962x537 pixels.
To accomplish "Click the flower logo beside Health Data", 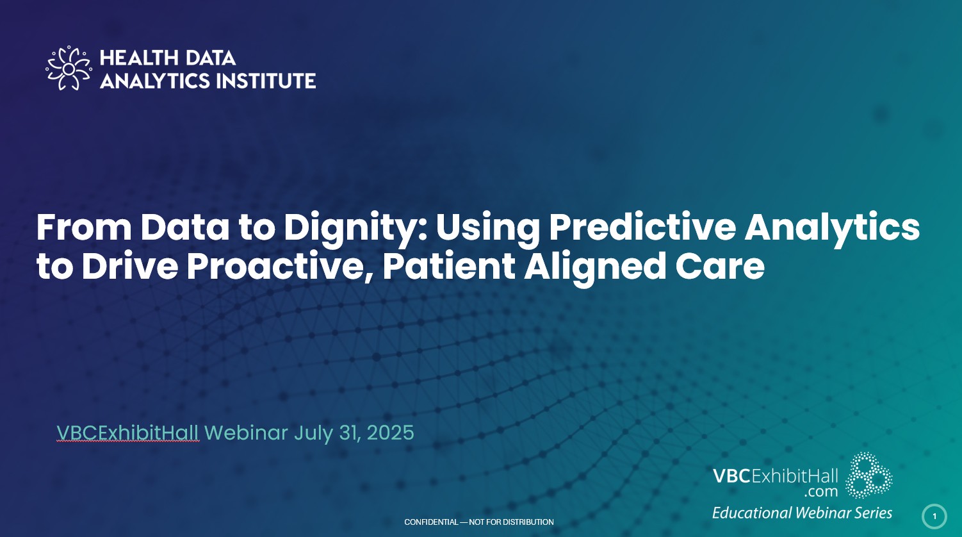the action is coord(69,69).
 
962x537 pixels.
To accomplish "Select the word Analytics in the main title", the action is coord(832,228).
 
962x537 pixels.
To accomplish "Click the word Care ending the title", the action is coord(720,267).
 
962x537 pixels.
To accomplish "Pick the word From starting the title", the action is coord(84,227).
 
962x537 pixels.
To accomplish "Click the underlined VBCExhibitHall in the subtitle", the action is coord(127,433).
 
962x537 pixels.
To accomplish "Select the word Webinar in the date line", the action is coord(246,433).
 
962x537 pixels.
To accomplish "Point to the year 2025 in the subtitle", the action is coord(391,433).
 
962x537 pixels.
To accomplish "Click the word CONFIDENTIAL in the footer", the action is coord(431,522).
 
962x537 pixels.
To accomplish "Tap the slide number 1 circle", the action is coord(934,516).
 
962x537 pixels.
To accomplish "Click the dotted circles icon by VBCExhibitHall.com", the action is coord(868,475).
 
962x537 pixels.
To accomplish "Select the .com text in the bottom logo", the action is coord(820,491).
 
